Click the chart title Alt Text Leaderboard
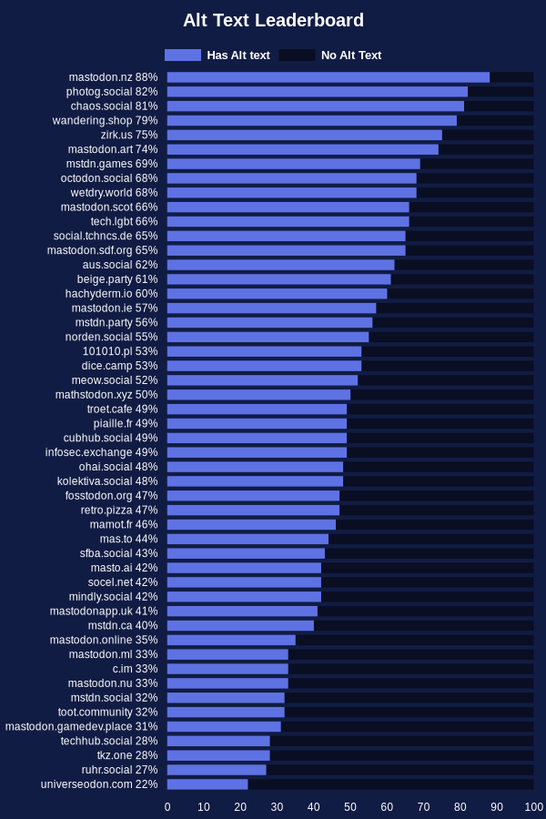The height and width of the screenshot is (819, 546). pyautogui.click(x=273, y=21)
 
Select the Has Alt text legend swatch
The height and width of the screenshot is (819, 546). pyautogui.click(x=183, y=56)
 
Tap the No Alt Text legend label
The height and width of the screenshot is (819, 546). pyautogui.click(x=351, y=56)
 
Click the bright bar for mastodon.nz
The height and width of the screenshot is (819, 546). pyautogui.click(x=328, y=77)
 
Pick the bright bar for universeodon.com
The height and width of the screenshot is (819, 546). pyautogui.click(x=207, y=784)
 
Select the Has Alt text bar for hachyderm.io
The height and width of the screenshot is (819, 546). pyautogui.click(x=277, y=294)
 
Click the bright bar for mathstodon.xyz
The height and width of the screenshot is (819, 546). pyautogui.click(x=258, y=395)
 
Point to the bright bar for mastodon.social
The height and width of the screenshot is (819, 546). pyautogui.click(x=226, y=698)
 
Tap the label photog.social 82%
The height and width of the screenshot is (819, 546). pyautogui.click(x=112, y=92)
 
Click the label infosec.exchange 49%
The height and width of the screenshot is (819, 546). pyautogui.click(x=102, y=452)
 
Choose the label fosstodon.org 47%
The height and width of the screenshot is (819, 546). pyautogui.click(x=111, y=496)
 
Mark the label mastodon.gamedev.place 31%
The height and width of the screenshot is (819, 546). pyautogui.click(x=82, y=726)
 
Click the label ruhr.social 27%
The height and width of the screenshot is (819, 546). pyautogui.click(x=119, y=770)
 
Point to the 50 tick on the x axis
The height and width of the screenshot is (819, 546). pyautogui.click(x=350, y=807)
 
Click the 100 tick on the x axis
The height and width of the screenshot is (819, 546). pyautogui.click(x=534, y=807)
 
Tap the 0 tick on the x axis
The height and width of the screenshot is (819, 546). pyautogui.click(x=167, y=807)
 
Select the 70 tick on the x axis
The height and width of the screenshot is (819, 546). pyautogui.click(x=424, y=807)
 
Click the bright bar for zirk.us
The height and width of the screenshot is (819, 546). pyautogui.click(x=304, y=135)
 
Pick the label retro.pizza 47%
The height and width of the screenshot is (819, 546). pyautogui.click(x=119, y=511)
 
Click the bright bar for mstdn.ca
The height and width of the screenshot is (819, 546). pyautogui.click(x=240, y=625)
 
